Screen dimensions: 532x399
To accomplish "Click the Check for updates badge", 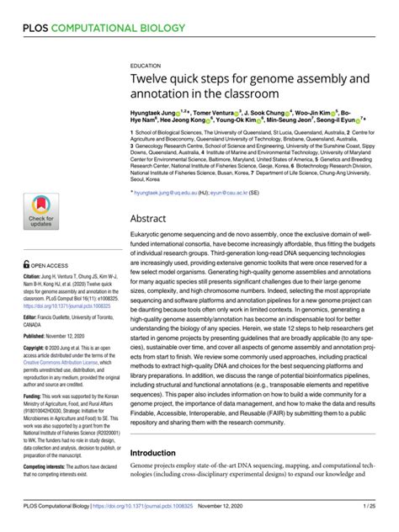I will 41,210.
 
